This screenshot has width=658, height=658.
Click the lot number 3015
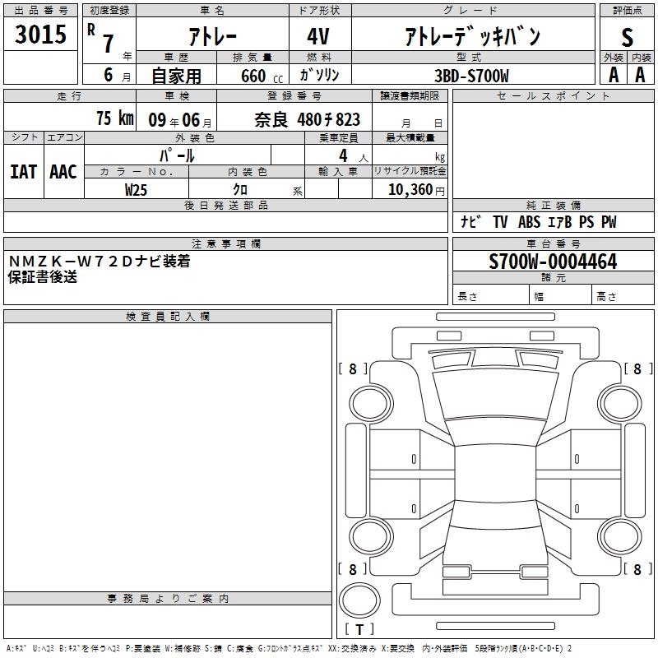(x=40, y=34)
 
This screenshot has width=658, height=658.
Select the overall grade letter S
(x=627, y=37)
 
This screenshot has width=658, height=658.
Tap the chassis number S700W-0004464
(x=553, y=262)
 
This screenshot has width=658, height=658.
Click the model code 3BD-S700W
(x=471, y=76)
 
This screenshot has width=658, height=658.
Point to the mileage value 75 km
(x=115, y=118)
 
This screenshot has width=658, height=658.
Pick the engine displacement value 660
(x=253, y=76)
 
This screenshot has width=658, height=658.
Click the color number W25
(x=136, y=190)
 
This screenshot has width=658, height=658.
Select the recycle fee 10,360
(x=410, y=190)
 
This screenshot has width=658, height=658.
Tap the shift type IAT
(x=24, y=172)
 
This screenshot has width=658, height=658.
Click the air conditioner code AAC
(x=63, y=172)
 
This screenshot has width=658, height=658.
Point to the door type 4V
(x=318, y=36)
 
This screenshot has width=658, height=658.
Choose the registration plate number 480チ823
(x=328, y=119)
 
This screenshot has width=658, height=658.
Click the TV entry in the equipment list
(x=500, y=222)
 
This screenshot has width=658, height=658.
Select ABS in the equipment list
(x=529, y=222)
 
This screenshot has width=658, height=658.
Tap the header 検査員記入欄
(x=168, y=317)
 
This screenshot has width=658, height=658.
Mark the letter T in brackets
(x=359, y=629)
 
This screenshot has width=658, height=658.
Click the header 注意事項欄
(x=225, y=243)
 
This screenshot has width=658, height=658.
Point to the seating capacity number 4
(x=343, y=155)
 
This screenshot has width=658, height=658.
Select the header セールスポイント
(x=553, y=96)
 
